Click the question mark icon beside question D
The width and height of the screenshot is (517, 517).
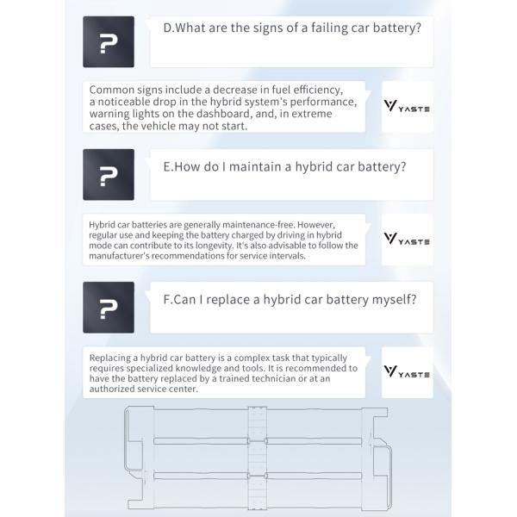pos(109,41)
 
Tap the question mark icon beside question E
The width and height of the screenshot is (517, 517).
pos(109,175)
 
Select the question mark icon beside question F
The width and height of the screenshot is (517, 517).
pos(109,308)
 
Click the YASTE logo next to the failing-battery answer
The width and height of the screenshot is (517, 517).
pos(407,107)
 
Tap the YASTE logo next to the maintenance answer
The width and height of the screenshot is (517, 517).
pos(407,240)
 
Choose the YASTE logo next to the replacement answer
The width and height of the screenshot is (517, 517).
pos(407,371)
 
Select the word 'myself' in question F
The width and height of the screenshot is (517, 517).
pos(391,300)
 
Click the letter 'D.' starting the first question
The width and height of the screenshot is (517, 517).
pos(169,28)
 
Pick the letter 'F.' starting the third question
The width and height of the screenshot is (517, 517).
pos(169,300)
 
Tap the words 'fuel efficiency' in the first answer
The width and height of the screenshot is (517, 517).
pos(300,90)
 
